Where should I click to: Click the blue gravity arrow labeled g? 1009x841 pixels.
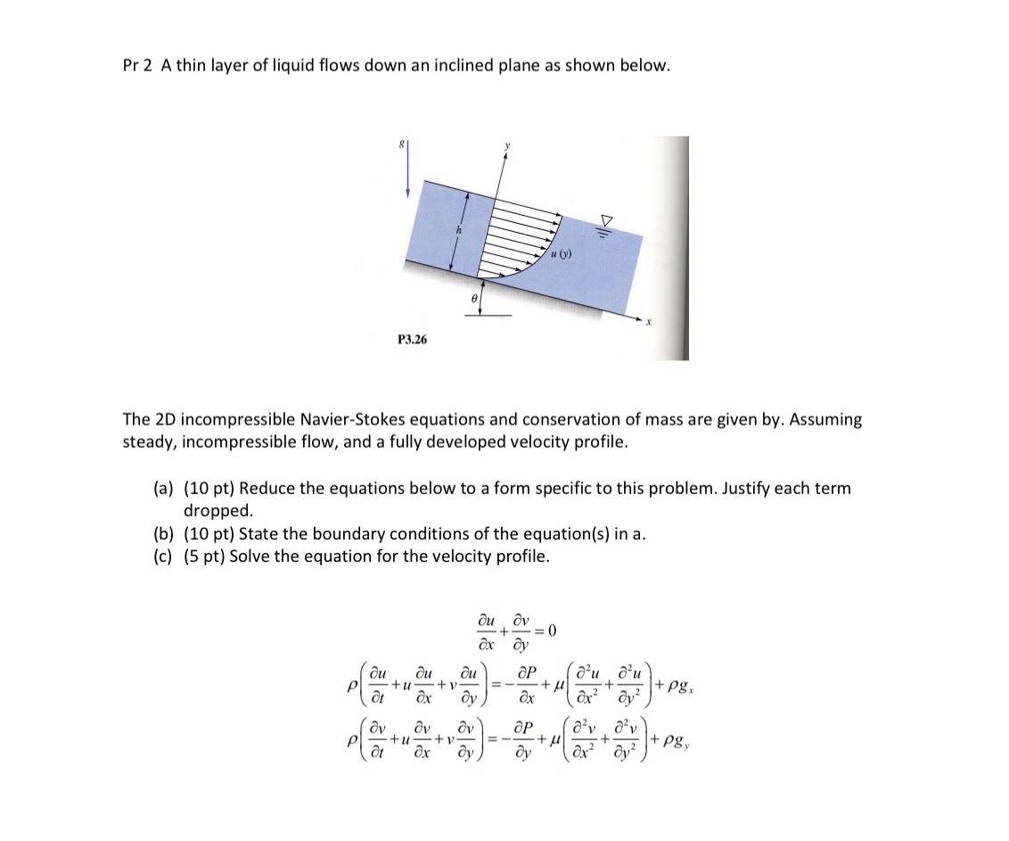click(408, 173)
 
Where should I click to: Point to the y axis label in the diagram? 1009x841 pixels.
click(507, 144)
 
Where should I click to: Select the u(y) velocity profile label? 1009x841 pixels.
click(560, 254)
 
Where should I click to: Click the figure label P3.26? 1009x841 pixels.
click(411, 340)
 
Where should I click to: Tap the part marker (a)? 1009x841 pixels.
click(163, 489)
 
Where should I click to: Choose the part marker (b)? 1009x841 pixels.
click(163, 534)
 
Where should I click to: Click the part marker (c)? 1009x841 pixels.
click(163, 557)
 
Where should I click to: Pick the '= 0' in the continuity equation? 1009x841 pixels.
click(545, 631)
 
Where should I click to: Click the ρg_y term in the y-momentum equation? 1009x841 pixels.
click(682, 738)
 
